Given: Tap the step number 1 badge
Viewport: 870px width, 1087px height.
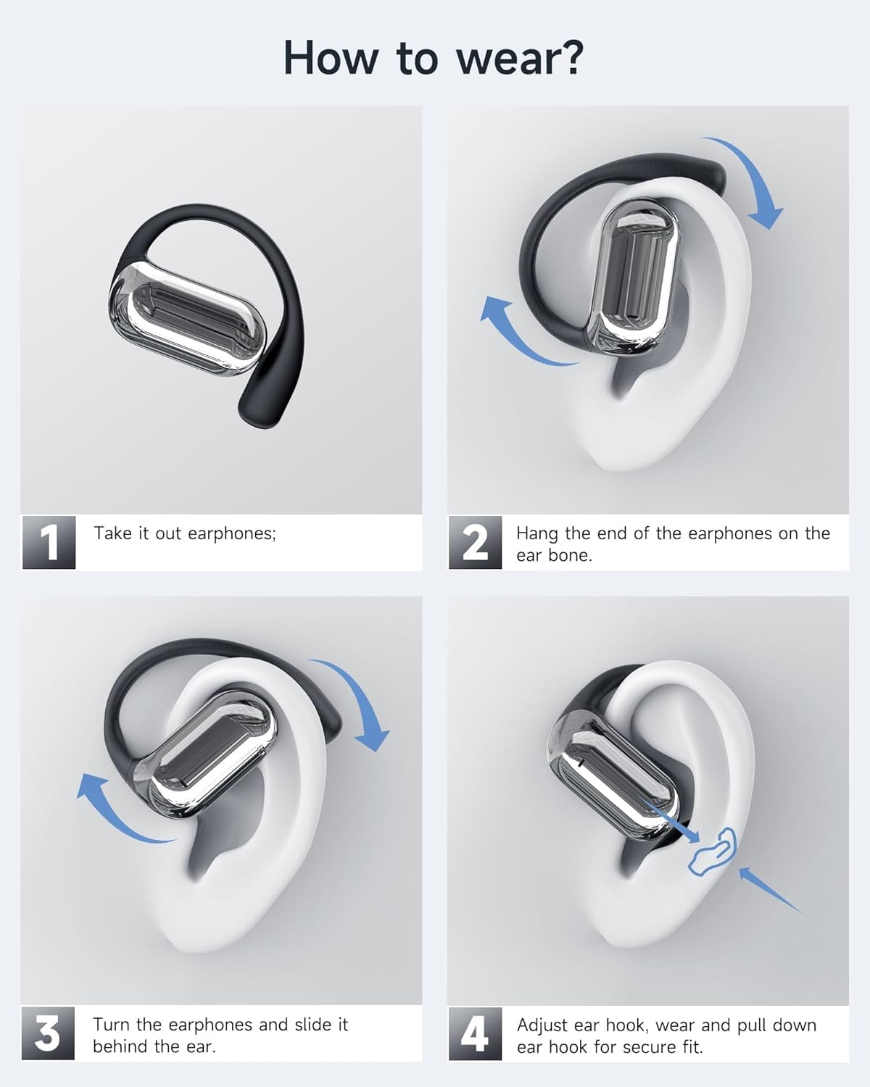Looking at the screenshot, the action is [49, 543].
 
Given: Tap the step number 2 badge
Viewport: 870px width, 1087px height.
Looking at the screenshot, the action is [475, 543].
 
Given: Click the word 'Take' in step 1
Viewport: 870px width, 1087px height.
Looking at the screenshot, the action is [113, 533].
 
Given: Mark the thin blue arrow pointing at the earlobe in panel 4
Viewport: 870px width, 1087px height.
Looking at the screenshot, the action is [769, 889].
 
